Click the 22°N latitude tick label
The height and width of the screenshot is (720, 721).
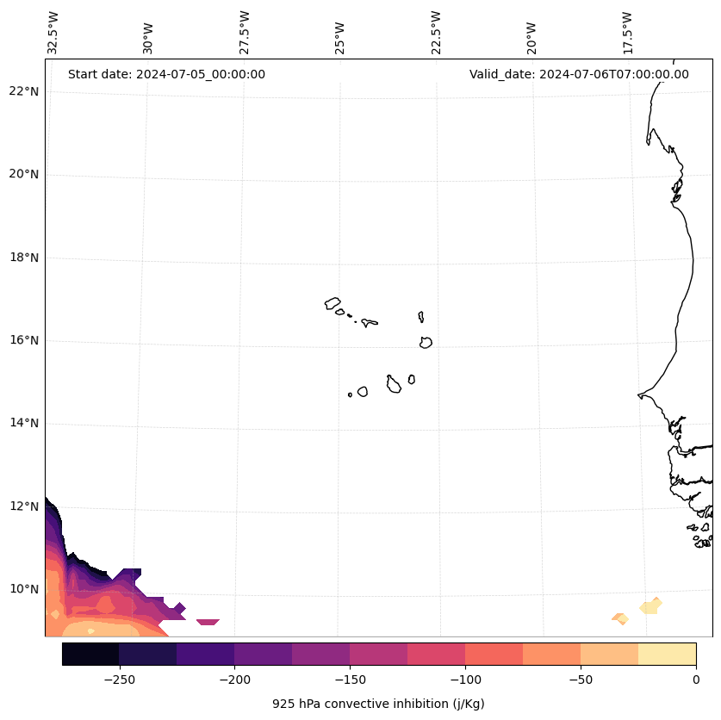23,91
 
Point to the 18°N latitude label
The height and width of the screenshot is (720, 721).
23,258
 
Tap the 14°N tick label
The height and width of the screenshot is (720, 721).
23,423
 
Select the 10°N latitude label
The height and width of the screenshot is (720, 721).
23,589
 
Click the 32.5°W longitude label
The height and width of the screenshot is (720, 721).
53,33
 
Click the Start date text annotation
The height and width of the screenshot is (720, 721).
166,74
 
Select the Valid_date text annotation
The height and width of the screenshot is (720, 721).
579,74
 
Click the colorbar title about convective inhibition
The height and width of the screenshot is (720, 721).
378,704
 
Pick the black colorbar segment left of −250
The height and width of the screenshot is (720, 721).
90,654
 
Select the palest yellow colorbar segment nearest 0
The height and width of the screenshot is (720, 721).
667,654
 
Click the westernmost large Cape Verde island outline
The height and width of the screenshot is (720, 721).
333,303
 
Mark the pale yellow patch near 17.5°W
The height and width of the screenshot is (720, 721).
650,606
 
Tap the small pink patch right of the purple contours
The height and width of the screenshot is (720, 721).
208,622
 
